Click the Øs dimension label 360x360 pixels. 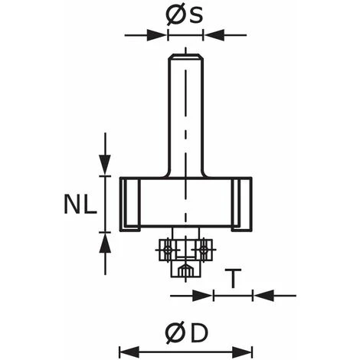[x=185, y=15]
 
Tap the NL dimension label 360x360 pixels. [x=80, y=204]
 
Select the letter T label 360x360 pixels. [x=233, y=278]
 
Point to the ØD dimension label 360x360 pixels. [x=187, y=334]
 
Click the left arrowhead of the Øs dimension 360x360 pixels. [x=157, y=35]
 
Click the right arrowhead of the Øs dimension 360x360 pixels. [x=214, y=35]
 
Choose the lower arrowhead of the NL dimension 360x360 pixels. [x=105, y=243]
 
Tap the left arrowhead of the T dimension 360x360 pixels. [x=202, y=296]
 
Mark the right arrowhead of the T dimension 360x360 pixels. [x=263, y=296]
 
